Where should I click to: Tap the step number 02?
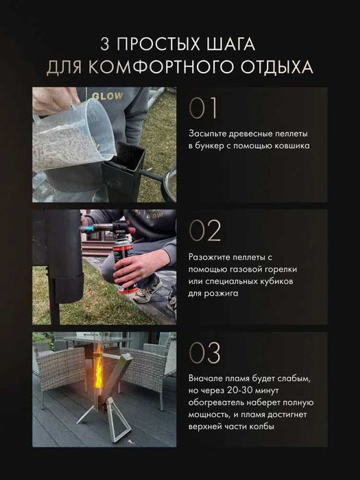click(204, 231)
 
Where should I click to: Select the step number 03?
click(204, 354)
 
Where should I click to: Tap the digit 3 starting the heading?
click(105, 45)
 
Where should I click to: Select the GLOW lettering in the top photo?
click(109, 97)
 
